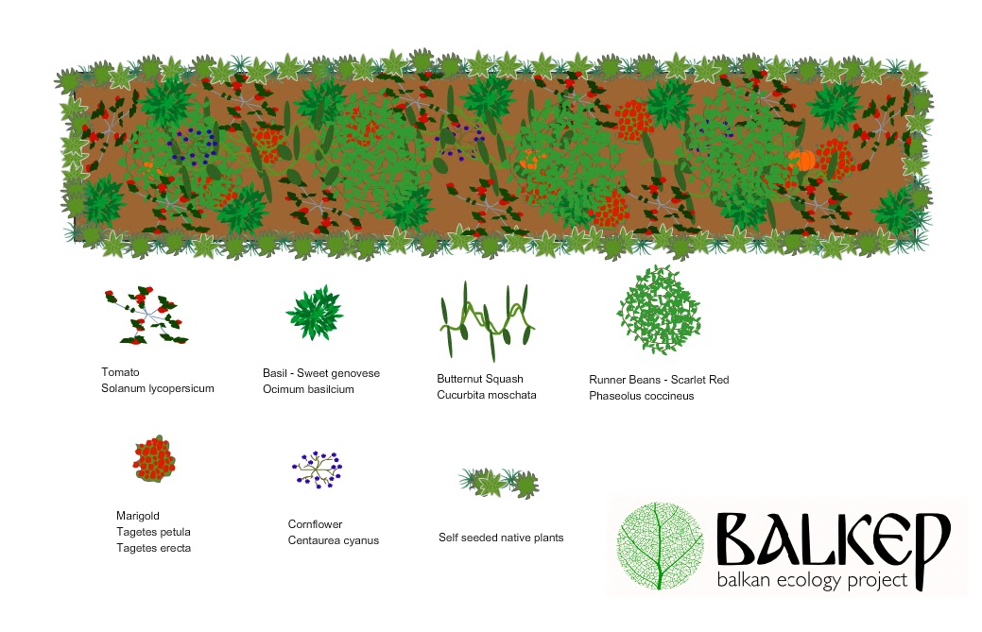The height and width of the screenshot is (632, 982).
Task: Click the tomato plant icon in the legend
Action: [146, 316]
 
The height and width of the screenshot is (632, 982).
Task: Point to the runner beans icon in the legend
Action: [660, 310]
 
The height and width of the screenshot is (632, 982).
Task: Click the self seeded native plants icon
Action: [499, 483]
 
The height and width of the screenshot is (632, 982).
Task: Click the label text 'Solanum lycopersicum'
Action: [158, 389]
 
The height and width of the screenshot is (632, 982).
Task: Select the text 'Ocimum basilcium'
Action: [308, 389]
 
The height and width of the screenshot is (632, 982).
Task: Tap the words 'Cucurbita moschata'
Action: [486, 394]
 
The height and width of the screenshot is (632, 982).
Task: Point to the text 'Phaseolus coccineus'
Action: [641, 396]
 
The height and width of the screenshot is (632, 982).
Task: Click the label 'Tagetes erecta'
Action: [152, 548]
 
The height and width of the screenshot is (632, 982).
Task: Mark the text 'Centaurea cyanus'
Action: [333, 540]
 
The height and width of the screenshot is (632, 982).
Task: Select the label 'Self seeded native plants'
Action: [501, 538]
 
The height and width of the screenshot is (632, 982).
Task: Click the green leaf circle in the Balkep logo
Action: [660, 547]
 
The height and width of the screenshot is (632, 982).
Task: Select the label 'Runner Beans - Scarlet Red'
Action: [659, 380]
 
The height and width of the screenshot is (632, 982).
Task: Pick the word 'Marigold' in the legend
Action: [137, 516]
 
